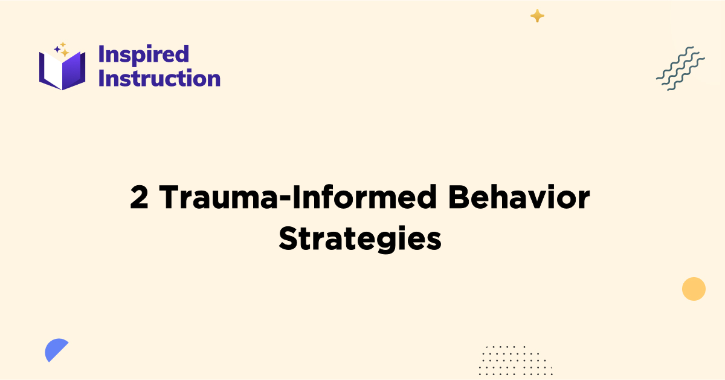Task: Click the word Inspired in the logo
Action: click(143, 54)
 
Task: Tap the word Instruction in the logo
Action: click(159, 78)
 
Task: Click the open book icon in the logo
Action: click(62, 68)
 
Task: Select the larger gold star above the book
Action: click(65, 53)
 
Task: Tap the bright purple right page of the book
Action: click(72, 71)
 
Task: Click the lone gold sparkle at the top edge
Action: click(537, 16)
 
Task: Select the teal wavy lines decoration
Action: click(680, 68)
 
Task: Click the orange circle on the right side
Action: click(694, 289)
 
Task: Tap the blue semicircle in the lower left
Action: click(56, 349)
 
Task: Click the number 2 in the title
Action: click(140, 199)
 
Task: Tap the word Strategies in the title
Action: click(360, 240)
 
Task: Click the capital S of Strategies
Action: click(289, 238)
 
